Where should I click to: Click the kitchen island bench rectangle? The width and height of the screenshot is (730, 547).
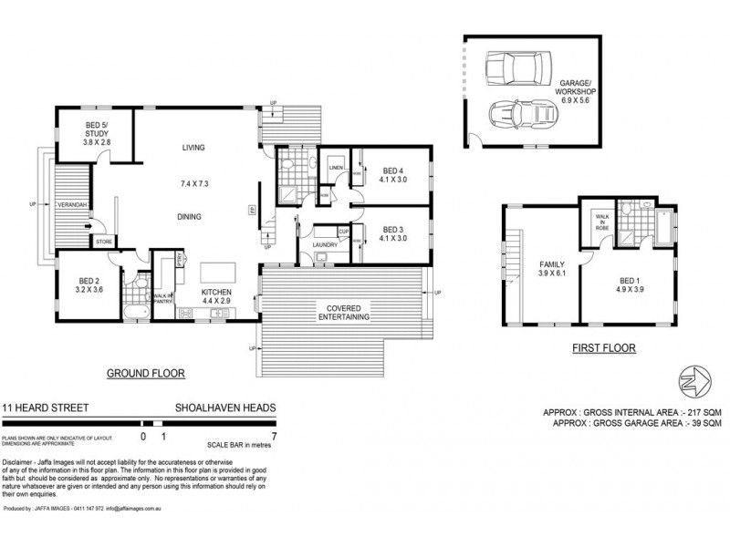coord(215,272)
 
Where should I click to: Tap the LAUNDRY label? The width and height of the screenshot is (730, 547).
coord(325,244)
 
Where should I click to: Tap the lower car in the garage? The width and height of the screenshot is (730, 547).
coord(514,115)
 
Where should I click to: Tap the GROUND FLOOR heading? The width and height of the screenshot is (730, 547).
coord(146,374)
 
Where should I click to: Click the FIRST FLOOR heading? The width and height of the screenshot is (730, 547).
coord(602,348)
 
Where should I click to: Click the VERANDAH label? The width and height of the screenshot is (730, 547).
coord(72,205)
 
